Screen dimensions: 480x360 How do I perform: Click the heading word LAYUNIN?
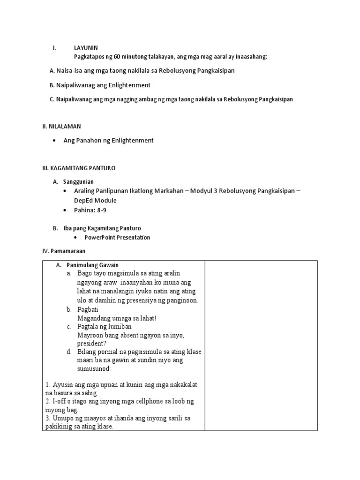[x=86, y=48]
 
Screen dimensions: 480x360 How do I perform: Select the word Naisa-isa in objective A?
[x=69, y=71]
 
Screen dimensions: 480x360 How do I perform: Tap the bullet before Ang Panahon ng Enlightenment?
[x=55, y=141]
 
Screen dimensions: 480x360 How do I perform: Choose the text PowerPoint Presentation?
[x=117, y=237]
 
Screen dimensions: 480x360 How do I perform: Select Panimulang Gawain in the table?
[x=92, y=265]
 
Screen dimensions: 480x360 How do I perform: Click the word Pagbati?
[x=88, y=309]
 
